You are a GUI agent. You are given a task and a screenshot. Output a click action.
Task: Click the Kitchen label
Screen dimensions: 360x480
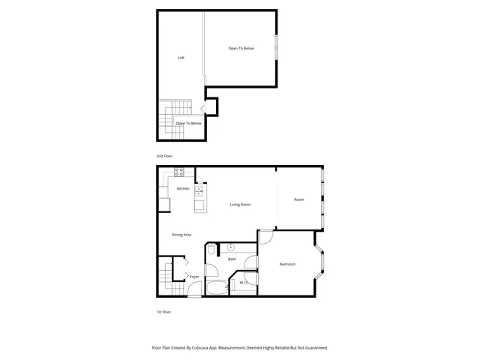click(x=183, y=188)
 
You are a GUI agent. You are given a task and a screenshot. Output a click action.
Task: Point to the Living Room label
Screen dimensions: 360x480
click(x=240, y=204)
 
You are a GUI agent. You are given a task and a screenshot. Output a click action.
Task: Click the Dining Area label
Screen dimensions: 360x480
click(x=181, y=235)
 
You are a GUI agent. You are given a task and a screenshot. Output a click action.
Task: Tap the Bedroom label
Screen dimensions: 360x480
click(x=287, y=264)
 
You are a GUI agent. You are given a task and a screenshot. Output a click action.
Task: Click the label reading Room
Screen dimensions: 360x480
click(x=298, y=199)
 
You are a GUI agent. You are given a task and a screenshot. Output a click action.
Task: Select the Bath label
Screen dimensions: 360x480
click(x=232, y=259)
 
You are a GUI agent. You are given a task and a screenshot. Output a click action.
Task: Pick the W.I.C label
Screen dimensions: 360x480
click(x=244, y=283)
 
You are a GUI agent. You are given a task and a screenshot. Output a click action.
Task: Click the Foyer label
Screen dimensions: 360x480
click(x=194, y=277)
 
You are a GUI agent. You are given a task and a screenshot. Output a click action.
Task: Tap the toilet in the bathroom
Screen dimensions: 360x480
click(x=211, y=250)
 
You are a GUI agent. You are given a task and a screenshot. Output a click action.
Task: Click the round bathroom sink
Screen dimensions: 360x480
click(x=230, y=247)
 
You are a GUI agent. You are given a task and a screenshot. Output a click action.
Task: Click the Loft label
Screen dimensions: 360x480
click(x=181, y=58)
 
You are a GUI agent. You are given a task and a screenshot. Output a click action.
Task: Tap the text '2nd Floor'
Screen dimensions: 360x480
click(x=164, y=156)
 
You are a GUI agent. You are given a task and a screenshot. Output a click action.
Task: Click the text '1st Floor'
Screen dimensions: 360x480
click(x=163, y=312)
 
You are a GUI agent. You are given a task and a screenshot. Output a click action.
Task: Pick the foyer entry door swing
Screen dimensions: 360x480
click(x=194, y=291)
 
